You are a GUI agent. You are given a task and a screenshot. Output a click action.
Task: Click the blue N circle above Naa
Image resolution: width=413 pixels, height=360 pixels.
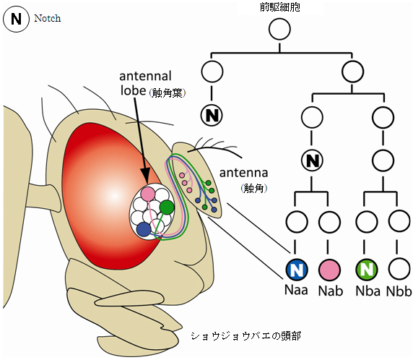pyautogui.click(x=297, y=270)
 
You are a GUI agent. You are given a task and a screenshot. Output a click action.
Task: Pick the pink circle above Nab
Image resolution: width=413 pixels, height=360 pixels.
pyautogui.click(x=329, y=270)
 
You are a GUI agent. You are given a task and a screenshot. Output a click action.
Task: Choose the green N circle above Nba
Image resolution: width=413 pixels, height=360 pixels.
pyautogui.click(x=367, y=270)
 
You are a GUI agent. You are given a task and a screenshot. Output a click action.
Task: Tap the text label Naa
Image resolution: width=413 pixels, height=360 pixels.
pyautogui.click(x=297, y=291)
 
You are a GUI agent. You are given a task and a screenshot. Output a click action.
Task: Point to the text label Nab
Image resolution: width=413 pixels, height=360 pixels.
pyautogui.click(x=329, y=291)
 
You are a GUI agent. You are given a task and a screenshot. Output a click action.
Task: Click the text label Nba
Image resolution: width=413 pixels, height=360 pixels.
pyautogui.click(x=367, y=291)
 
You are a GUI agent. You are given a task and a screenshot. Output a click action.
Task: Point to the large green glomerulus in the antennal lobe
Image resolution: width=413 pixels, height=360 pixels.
pyautogui.click(x=167, y=207)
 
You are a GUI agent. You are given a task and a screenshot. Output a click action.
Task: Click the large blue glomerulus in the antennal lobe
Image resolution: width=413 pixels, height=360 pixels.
pyautogui.click(x=144, y=229)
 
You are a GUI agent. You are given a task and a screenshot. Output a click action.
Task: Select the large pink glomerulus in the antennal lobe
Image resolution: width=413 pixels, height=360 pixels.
pyautogui.click(x=148, y=194)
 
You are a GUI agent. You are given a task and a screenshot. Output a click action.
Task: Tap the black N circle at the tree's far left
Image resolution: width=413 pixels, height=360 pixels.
pyautogui.click(x=212, y=113)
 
